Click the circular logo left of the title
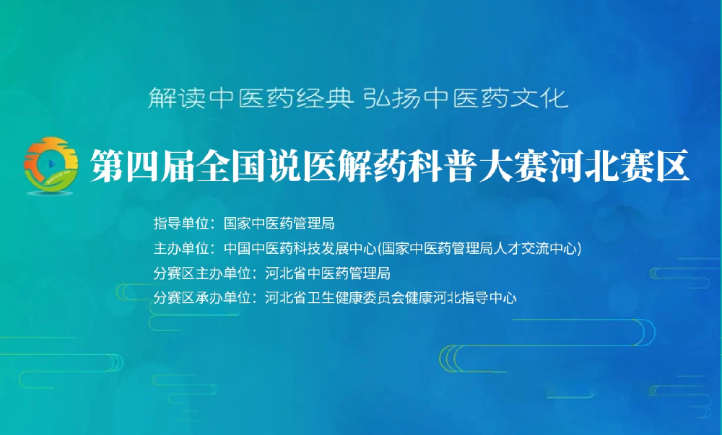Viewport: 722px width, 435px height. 51,165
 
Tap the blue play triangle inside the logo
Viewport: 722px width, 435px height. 52,164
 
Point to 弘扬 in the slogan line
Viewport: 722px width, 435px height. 391,98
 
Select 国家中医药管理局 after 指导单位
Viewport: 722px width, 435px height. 279,224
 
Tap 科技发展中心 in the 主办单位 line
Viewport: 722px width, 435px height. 335,248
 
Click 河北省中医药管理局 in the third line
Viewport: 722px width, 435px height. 328,273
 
